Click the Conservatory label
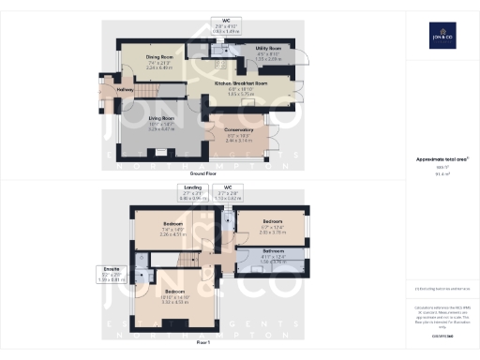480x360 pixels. coord(240,132)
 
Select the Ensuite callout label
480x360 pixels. coord(110,272)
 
